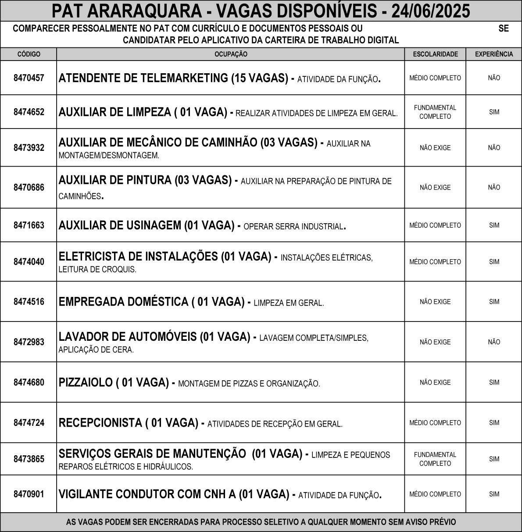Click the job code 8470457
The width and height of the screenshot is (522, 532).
(29, 78)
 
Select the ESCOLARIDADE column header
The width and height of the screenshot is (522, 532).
(435, 54)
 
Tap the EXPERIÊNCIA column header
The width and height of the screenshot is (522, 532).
(494, 54)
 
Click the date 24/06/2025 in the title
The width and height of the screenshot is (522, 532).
(430, 11)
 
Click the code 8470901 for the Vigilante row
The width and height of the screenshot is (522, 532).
(29, 494)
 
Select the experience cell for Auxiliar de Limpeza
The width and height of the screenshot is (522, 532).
(494, 112)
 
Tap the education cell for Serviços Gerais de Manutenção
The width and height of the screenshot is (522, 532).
(435, 459)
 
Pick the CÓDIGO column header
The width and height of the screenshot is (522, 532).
(29, 54)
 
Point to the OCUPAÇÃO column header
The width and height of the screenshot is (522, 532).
(231, 54)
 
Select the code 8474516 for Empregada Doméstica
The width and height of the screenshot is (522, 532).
(29, 302)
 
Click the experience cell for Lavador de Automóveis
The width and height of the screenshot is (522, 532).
(494, 342)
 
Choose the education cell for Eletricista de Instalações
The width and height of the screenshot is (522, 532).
(435, 262)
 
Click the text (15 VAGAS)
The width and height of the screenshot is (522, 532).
(259, 78)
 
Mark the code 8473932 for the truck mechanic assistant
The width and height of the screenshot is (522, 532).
(29, 148)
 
